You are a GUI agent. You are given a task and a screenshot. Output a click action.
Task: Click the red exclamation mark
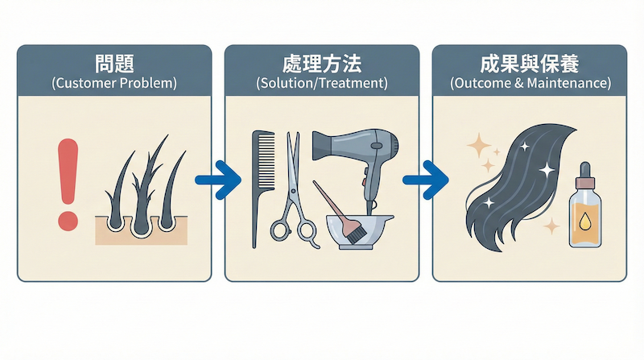tap(68, 184)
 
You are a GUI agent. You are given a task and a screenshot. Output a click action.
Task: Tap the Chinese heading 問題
tap(114, 64)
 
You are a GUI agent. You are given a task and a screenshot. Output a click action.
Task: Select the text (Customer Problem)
tap(114, 83)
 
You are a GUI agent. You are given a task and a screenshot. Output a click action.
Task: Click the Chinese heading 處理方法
tap(322, 64)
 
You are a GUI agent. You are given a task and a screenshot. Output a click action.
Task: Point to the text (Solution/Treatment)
tap(322, 83)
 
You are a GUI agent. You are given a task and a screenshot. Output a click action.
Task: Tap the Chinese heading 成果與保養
tap(530, 64)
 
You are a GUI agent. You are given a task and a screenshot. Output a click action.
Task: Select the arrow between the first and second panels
tap(218, 180)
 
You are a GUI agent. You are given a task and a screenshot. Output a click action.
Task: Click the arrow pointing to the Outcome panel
tap(426, 180)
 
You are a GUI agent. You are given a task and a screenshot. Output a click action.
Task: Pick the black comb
tap(263, 189)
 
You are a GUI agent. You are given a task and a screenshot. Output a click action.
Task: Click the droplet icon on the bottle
tap(585, 222)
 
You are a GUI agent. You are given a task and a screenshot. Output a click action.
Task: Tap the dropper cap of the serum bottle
tap(585, 175)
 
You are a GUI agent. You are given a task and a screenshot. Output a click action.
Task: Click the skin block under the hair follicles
tap(142, 230)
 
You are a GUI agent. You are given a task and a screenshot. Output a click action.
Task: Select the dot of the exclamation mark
tap(68, 221)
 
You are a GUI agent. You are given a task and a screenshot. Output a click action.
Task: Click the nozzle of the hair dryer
tap(324, 146)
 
